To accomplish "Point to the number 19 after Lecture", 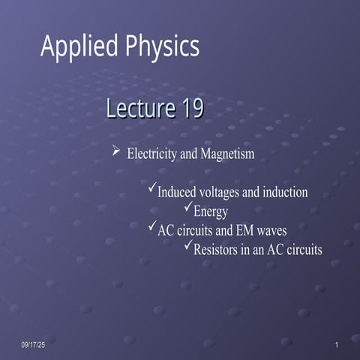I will (190, 109).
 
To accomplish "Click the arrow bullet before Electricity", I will (116, 152).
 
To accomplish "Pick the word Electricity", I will (153, 154).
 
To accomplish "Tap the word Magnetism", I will (226, 154).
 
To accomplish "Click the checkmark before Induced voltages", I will (152, 190).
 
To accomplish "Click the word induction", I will (282, 192).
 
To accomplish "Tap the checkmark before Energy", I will (188, 208).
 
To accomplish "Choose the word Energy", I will (211, 211).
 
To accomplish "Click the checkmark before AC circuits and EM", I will (152, 227).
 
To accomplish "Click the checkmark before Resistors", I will (188, 247).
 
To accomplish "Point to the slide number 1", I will (337, 344).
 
